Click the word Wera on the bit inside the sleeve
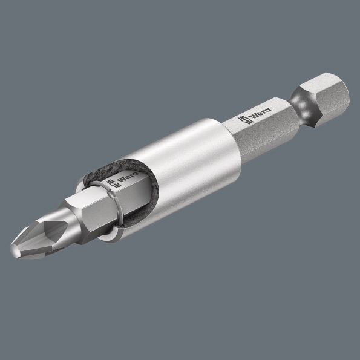click(x=128, y=180)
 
